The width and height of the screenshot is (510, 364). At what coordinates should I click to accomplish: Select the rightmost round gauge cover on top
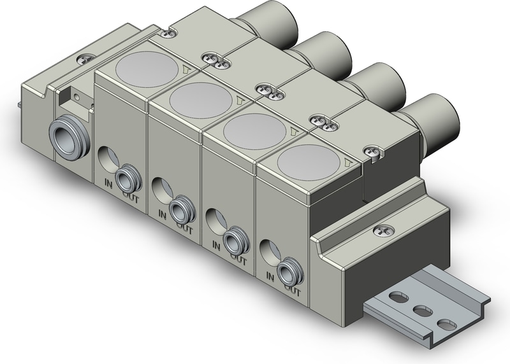pos(309,159)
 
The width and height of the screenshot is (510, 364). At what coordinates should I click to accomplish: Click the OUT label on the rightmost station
pos(292,292)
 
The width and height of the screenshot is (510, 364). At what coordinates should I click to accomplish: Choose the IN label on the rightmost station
pos(270,277)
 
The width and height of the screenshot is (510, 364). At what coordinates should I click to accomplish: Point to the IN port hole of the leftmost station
pos(108,157)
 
